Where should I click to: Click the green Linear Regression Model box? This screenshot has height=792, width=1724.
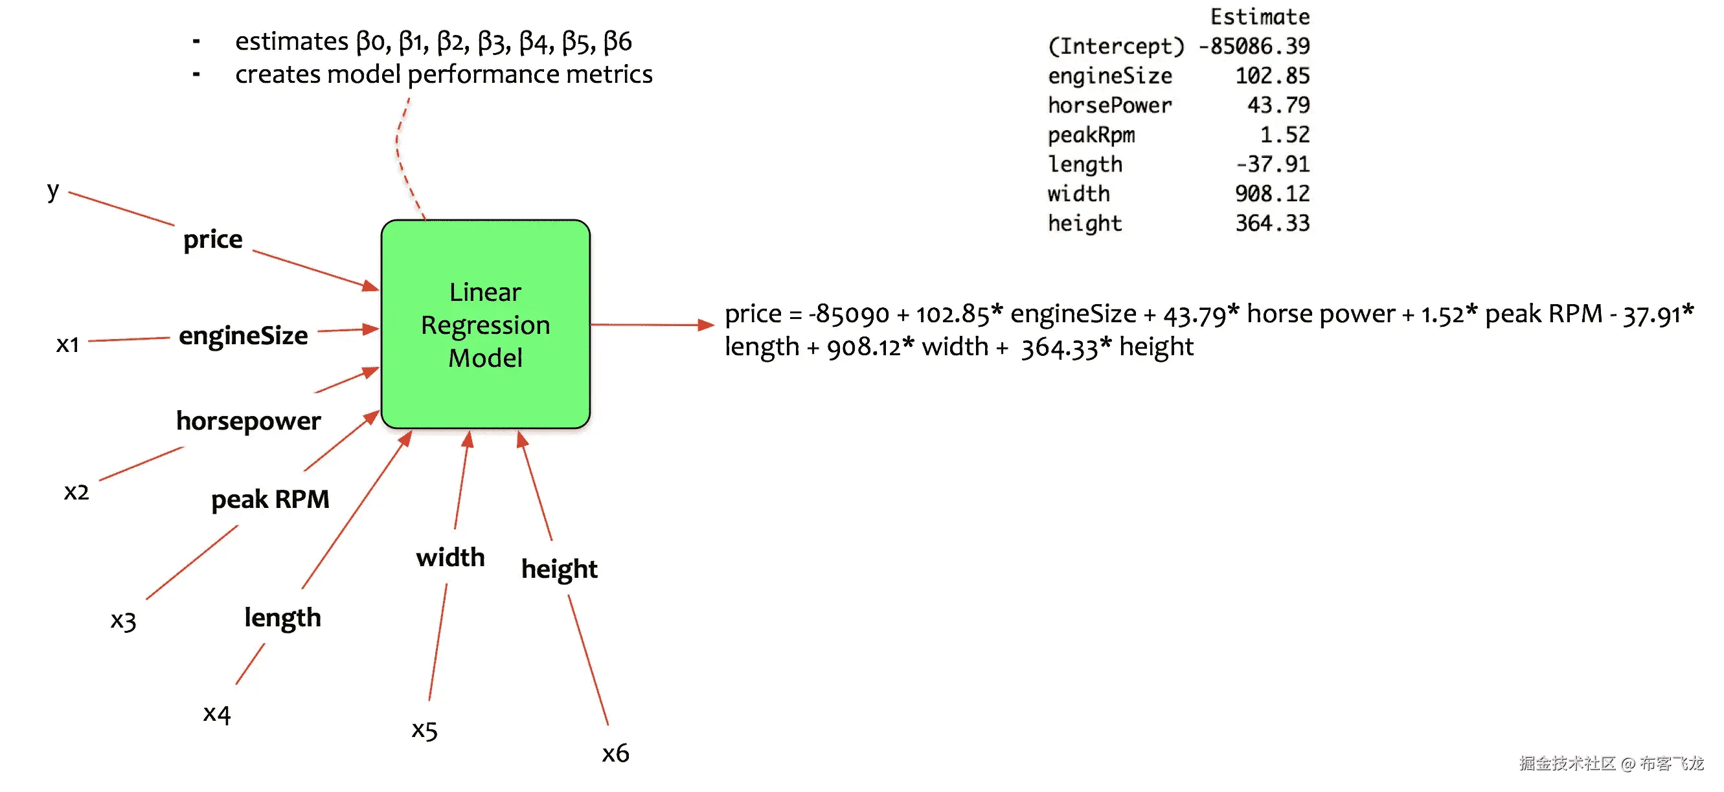485,324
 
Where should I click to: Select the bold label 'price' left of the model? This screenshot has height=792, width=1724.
213,239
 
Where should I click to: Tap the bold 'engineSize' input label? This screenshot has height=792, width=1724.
243,335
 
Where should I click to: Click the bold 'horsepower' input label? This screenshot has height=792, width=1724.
248,421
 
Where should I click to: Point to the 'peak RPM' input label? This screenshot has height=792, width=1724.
269,499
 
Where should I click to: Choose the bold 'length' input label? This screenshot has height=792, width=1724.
282,617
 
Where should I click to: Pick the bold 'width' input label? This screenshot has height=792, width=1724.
450,557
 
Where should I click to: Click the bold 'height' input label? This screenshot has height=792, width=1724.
559,569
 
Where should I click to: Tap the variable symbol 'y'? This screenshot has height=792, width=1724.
53,192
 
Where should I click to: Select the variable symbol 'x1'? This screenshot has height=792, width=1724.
67,344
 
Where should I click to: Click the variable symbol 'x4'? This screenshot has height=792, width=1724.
217,714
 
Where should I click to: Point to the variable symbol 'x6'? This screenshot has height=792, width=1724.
615,753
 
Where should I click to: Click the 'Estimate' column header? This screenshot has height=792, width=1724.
1260,17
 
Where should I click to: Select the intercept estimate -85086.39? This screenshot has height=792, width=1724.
1254,46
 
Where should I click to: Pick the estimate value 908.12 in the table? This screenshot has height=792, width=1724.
1272,194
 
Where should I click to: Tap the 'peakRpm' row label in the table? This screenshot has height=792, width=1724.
1091,135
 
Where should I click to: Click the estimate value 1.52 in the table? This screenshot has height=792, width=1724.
1284,135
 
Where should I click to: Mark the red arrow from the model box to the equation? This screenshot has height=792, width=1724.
653,325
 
